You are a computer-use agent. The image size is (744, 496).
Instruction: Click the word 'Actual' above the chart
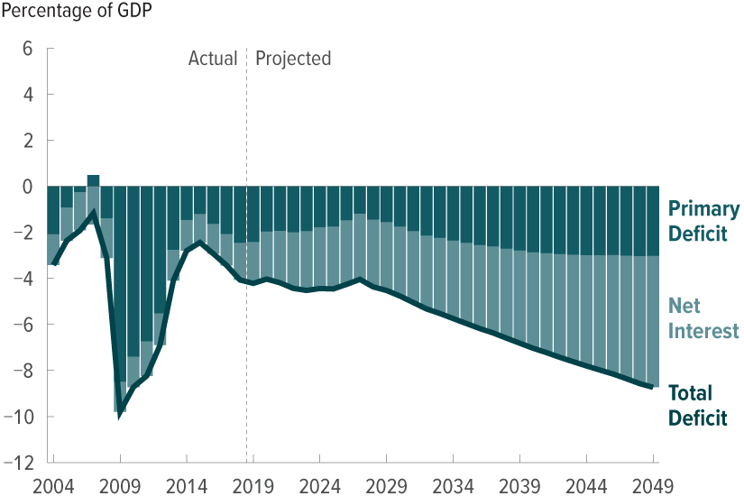pyautogui.click(x=212, y=59)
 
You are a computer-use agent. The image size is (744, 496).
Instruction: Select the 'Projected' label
pyautogui.click(x=293, y=59)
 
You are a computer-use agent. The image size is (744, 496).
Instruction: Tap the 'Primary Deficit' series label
pyautogui.click(x=703, y=222)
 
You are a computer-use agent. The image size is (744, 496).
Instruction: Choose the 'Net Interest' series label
pyautogui.click(x=703, y=318)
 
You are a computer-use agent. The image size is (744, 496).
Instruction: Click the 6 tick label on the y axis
pyautogui.click(x=27, y=49)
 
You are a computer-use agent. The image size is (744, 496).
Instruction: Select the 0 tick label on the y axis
pyautogui.click(x=27, y=187)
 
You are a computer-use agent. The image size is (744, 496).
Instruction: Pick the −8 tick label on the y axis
pyautogui.click(x=22, y=371)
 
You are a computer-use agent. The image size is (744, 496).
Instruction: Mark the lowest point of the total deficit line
pyautogui.click(x=119, y=416)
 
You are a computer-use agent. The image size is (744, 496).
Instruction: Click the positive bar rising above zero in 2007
pyautogui.click(x=93, y=179)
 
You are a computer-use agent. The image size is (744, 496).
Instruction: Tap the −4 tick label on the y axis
pyautogui.click(x=22, y=279)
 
